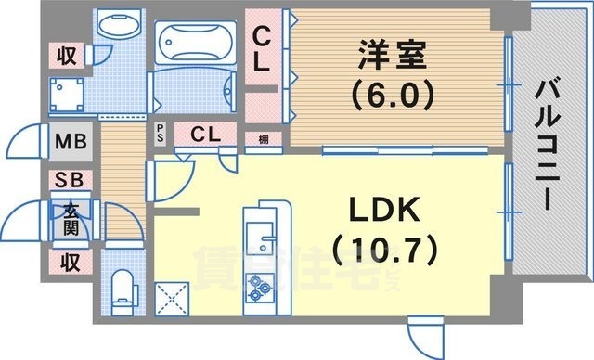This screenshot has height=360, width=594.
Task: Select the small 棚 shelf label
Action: pos(264,139)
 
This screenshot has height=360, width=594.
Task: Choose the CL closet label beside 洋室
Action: pos(263,50)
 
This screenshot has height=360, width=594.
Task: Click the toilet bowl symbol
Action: pos(122,289)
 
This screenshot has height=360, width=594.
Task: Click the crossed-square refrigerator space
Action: pos(174,297)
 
